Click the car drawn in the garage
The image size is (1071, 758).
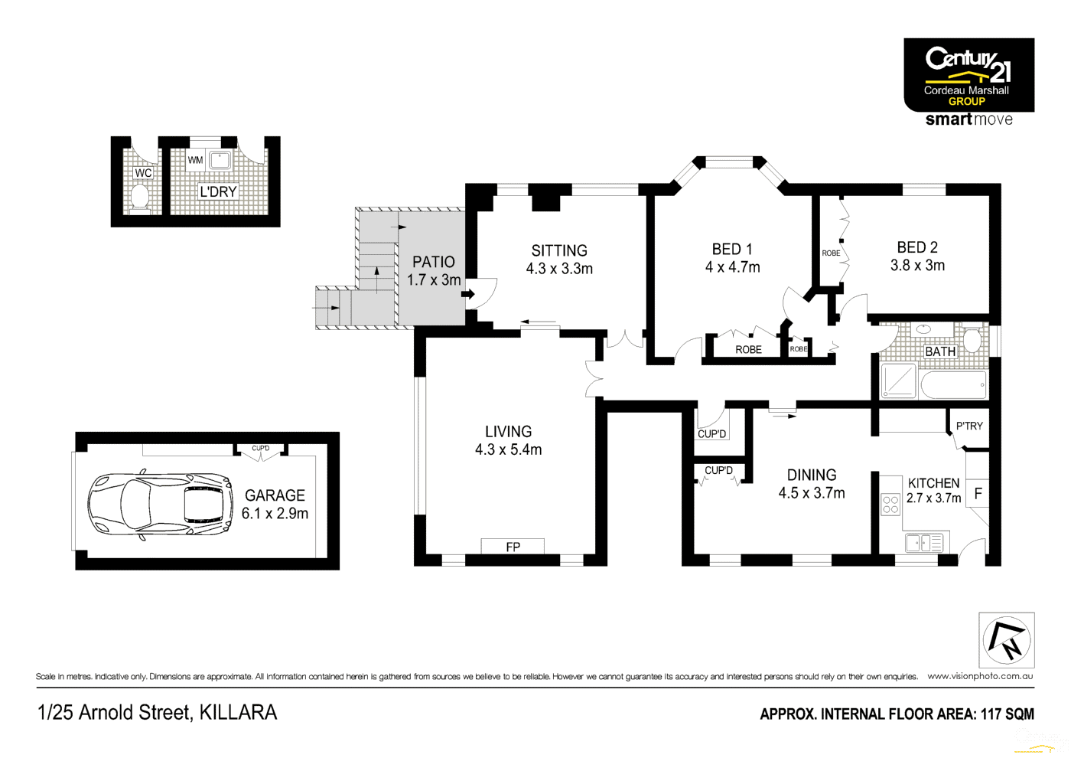[x=160, y=505]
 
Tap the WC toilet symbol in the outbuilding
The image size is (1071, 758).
[x=140, y=197]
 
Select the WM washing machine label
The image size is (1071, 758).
[x=195, y=160]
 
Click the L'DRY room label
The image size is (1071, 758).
[x=218, y=191]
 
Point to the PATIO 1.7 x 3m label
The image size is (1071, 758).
[x=434, y=271]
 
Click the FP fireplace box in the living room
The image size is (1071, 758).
[x=513, y=547]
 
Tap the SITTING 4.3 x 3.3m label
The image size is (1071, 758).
[x=559, y=260]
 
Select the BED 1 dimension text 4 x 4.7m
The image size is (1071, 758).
[x=732, y=267]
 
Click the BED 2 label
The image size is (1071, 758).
[x=917, y=247]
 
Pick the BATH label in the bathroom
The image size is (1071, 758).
[x=940, y=351]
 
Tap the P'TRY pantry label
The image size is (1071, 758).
[x=969, y=426]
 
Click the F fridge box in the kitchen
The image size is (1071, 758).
[x=978, y=494]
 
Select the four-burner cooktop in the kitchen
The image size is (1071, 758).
[x=890, y=504]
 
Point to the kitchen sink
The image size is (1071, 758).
[x=923, y=543]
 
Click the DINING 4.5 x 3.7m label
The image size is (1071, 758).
[x=812, y=484]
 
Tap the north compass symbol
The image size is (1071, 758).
[x=1007, y=640]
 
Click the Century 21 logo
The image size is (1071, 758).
[x=968, y=76]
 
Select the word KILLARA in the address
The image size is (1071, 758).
[x=238, y=713]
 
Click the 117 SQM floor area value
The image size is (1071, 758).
[x=1007, y=714]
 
